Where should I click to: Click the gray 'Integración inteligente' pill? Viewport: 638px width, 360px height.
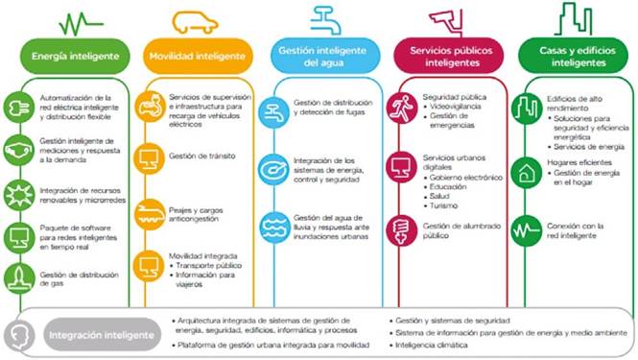(101, 336)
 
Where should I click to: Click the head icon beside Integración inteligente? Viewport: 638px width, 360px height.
(21, 336)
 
